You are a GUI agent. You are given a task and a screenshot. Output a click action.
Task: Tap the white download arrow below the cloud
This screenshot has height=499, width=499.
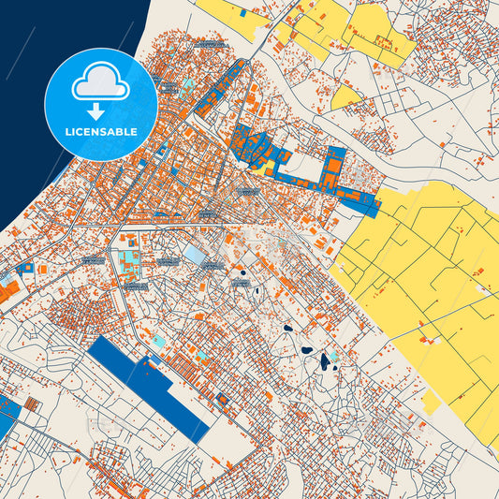coord(101,109)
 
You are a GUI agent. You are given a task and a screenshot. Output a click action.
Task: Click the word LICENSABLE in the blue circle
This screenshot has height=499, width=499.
coord(101,132)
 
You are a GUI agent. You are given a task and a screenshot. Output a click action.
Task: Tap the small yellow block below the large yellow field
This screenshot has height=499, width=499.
coord(431,403)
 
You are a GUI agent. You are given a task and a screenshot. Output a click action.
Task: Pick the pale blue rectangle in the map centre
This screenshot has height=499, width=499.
coord(195,255)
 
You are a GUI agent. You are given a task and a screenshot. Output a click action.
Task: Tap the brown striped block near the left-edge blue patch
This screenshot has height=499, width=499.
coord(33,404)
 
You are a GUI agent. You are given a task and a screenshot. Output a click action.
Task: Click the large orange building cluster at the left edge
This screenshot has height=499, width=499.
coord(8,290)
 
